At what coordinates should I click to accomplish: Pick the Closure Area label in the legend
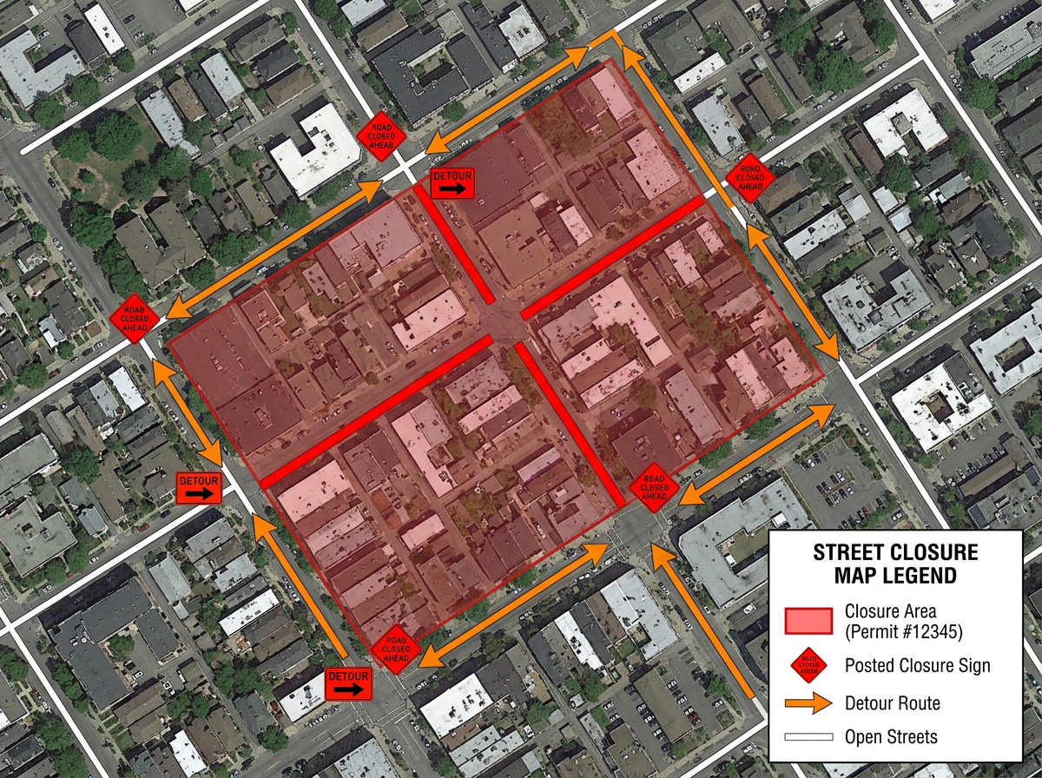[890, 611]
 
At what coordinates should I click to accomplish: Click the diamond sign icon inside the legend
[808, 665]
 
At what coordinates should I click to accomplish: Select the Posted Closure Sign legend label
[917, 666]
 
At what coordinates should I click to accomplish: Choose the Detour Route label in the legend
[892, 702]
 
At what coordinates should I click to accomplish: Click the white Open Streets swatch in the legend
[808, 738]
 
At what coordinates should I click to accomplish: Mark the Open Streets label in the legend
[891, 737]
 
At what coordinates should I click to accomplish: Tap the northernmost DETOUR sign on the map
[452, 183]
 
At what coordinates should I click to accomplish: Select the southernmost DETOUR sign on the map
[347, 682]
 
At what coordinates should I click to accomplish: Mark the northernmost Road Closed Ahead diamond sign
[379, 136]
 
